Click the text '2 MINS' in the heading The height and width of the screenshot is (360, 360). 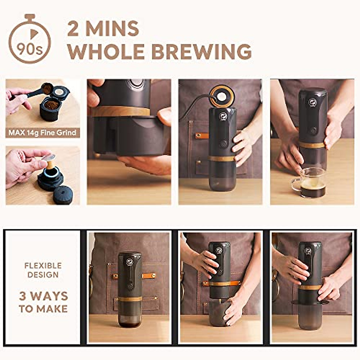[103, 29]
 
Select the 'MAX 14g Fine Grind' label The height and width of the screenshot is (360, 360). [42, 132]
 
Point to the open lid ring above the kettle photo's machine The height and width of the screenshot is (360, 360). [222, 96]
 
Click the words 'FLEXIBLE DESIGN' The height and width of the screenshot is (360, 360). [43, 270]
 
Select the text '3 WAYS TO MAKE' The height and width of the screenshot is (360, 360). [43, 302]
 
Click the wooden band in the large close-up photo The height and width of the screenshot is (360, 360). [120, 111]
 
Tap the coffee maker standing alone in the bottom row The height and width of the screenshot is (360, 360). [130, 289]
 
